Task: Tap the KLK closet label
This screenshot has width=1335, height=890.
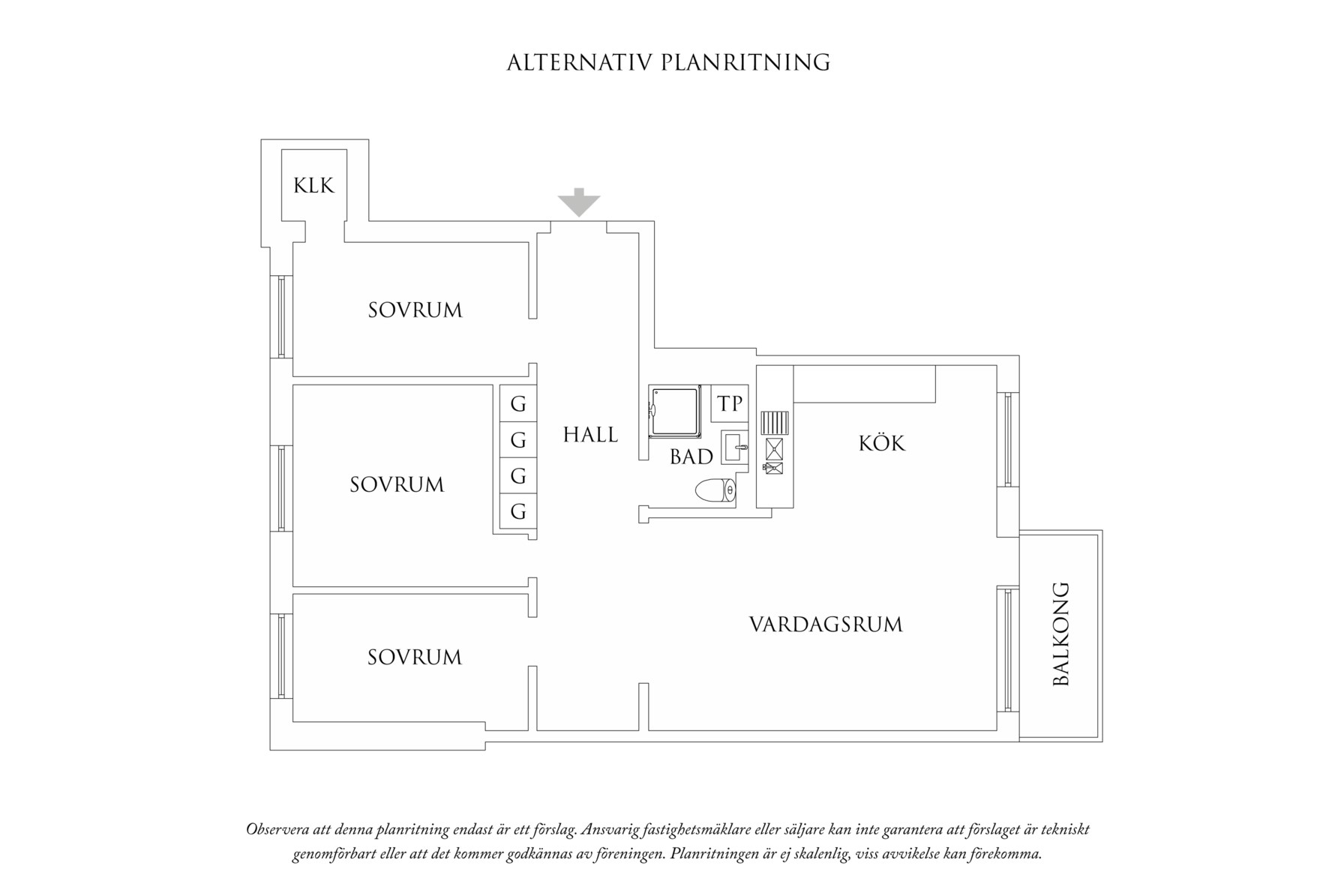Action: (x=313, y=185)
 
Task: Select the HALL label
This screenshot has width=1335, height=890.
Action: (x=590, y=435)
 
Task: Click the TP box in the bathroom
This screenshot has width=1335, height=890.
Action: (x=730, y=404)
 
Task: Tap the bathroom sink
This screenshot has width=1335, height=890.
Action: (x=735, y=448)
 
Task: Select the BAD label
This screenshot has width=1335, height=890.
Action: (x=691, y=457)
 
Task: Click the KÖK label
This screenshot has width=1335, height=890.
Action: (x=882, y=443)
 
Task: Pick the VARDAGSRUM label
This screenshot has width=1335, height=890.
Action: (x=826, y=625)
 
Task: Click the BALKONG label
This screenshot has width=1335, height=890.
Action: (x=1061, y=634)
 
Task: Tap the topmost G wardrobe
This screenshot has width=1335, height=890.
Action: (x=518, y=404)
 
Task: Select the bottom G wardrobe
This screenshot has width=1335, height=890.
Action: (x=518, y=512)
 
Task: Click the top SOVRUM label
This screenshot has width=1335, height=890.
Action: (x=415, y=310)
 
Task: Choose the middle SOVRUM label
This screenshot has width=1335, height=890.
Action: (x=397, y=484)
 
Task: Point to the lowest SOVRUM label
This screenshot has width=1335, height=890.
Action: (x=414, y=658)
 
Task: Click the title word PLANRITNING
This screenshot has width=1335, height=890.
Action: (x=745, y=62)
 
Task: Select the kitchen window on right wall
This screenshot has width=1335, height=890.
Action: (x=1007, y=439)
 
